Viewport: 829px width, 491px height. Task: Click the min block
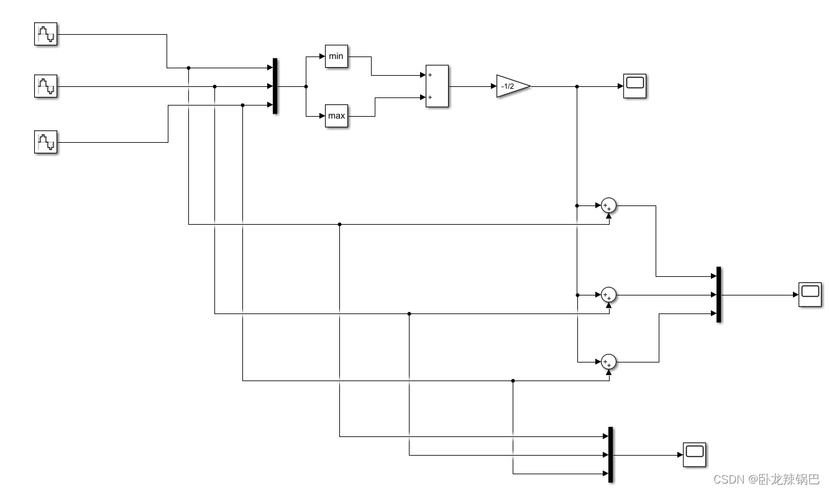pyautogui.click(x=336, y=56)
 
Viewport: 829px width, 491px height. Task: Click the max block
pyautogui.click(x=336, y=115)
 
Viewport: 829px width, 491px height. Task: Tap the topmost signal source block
pyautogui.click(x=45, y=34)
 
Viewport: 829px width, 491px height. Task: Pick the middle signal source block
pyautogui.click(x=45, y=86)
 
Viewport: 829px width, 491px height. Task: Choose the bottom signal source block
pyautogui.click(x=45, y=142)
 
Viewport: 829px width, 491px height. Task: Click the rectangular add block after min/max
pyautogui.click(x=437, y=86)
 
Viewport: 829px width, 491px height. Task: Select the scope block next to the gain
pyautogui.click(x=635, y=86)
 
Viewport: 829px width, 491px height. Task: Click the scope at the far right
pyautogui.click(x=810, y=294)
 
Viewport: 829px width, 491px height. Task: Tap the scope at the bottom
pyautogui.click(x=695, y=455)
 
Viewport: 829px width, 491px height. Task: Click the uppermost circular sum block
pyautogui.click(x=608, y=205)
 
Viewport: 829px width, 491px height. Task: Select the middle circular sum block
pyautogui.click(x=608, y=295)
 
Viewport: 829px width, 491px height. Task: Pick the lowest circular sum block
pyautogui.click(x=608, y=362)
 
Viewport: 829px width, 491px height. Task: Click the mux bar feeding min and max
pyautogui.click(x=275, y=86)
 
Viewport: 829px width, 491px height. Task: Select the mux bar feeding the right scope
pyautogui.click(x=718, y=295)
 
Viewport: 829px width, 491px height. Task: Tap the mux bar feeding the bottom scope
pyautogui.click(x=611, y=455)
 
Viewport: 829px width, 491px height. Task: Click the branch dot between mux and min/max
pyautogui.click(x=306, y=86)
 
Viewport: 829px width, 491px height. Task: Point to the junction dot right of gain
pyautogui.click(x=577, y=86)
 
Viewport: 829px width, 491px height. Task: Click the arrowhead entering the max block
pyautogui.click(x=322, y=115)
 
